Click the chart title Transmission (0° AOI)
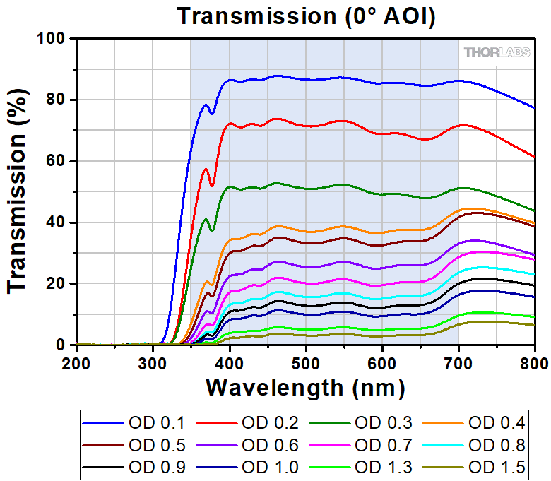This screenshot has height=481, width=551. [x=306, y=16]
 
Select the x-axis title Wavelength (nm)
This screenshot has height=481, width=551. [x=305, y=386]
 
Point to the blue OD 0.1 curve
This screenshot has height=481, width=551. [x=353, y=78]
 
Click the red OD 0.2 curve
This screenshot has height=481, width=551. [x=353, y=126]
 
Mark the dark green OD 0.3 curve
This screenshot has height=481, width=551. [x=353, y=188]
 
